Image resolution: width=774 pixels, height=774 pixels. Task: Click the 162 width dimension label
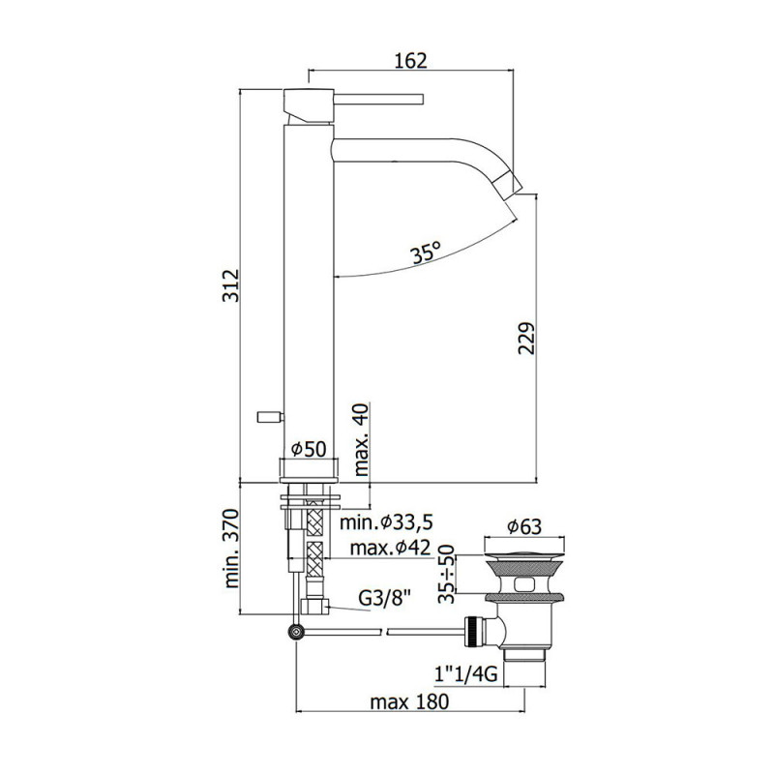tap(410, 60)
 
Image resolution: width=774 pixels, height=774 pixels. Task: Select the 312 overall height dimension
tap(230, 285)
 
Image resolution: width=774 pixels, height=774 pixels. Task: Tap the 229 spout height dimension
tap(526, 338)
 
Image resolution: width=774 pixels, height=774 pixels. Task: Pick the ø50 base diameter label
tap(309, 449)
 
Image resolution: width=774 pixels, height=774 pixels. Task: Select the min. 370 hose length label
tap(231, 549)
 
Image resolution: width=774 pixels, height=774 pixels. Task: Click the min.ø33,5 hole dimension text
tap(386, 521)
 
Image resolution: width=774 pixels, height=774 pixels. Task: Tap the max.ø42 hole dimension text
tap(390, 548)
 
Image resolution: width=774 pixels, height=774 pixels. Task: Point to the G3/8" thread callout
tap(384, 599)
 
